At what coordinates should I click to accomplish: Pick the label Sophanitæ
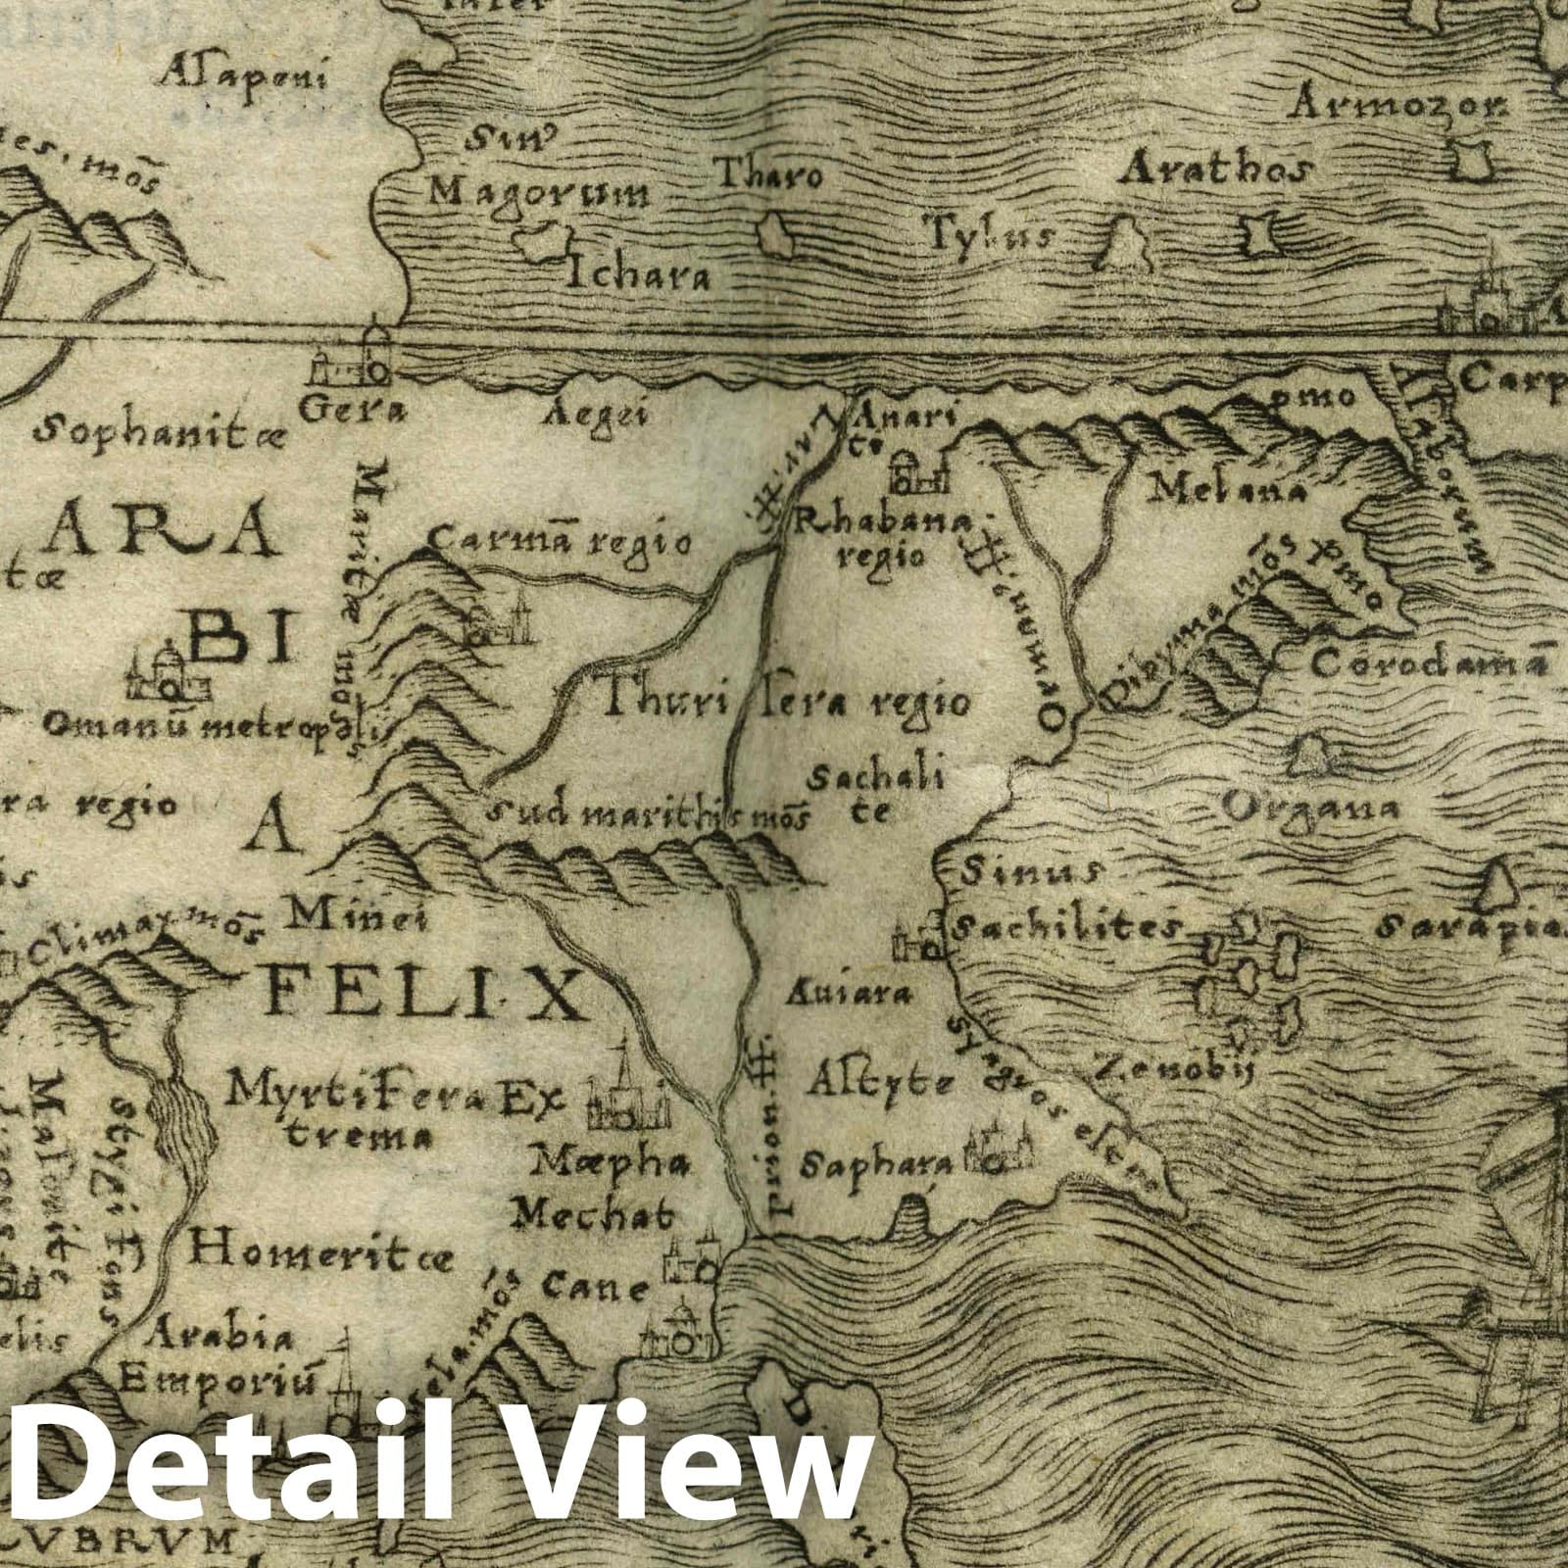pos(157,429)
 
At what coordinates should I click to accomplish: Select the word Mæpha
pos(609,1164)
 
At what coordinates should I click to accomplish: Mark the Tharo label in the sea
pos(769,176)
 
